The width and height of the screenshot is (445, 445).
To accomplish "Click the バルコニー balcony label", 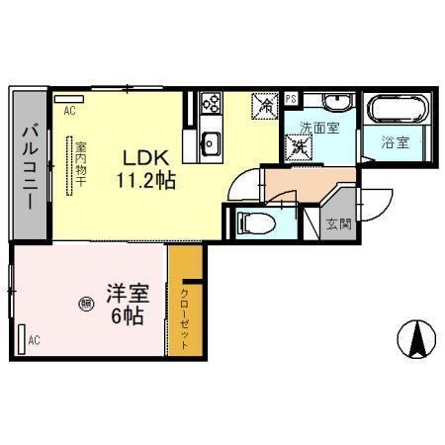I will (29, 166).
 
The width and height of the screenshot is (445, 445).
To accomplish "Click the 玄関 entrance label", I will (338, 222).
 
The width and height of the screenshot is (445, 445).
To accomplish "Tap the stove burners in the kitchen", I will (212, 102).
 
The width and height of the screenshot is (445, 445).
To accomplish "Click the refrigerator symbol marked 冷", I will (265, 103).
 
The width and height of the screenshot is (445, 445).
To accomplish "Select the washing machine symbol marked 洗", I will (298, 147).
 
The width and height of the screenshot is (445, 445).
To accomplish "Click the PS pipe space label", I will (291, 99).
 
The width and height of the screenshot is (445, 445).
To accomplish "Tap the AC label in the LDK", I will (69, 112).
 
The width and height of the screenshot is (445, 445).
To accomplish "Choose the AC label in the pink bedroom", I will (34, 341).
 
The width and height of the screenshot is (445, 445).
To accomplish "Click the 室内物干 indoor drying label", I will (78, 166).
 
